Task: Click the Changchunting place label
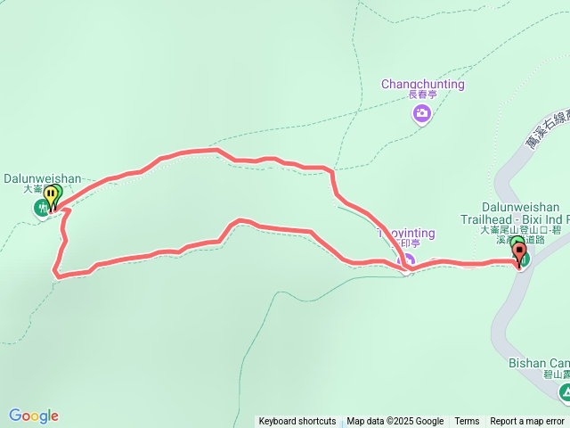click(x=423, y=84)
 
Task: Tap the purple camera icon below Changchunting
click(x=421, y=113)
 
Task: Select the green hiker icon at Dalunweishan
click(x=41, y=209)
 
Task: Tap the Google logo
click(x=34, y=416)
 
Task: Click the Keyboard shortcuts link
click(x=297, y=422)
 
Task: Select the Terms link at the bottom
click(x=467, y=422)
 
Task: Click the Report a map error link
click(x=528, y=422)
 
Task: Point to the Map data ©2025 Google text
click(x=395, y=422)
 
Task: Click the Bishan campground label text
click(x=539, y=363)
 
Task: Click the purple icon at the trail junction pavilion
click(x=409, y=261)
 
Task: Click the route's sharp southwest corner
click(x=57, y=276)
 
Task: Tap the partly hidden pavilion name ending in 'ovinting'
click(x=407, y=234)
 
